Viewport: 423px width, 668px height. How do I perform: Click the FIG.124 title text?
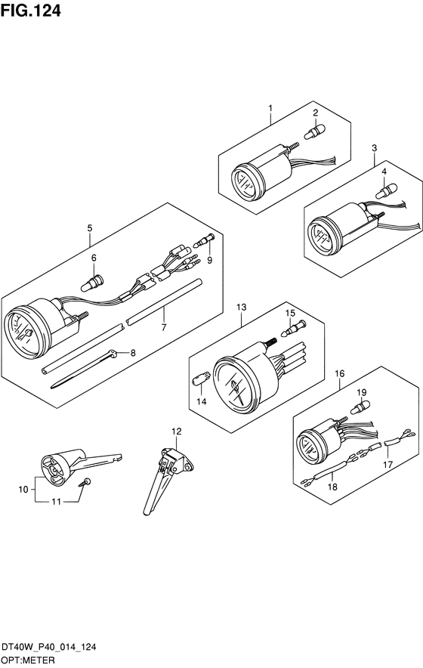[31, 11]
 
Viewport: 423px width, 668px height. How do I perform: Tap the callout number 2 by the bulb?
[315, 113]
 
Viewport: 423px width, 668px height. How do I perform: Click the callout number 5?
[89, 228]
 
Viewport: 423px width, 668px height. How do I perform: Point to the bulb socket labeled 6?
[92, 283]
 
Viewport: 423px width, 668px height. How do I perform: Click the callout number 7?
[164, 327]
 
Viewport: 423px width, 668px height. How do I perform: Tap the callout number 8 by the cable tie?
[133, 352]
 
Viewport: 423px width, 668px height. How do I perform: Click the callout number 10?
[23, 490]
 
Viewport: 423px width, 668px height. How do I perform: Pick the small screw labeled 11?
[85, 483]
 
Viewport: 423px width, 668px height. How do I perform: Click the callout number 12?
[176, 431]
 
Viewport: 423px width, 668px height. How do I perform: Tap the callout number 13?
[242, 307]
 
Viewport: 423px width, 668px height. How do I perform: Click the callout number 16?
[339, 373]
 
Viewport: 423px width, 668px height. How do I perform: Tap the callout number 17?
[387, 465]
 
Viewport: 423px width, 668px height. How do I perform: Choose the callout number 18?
[332, 487]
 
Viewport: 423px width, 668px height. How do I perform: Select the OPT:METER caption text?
[28, 660]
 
